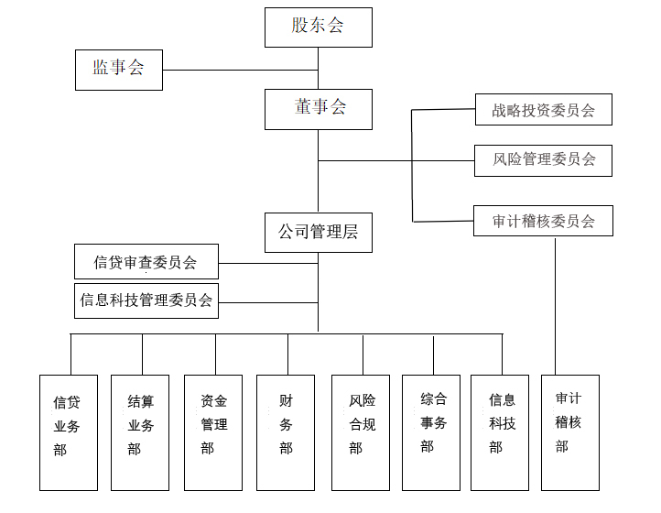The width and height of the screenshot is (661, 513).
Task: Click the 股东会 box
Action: [319, 27]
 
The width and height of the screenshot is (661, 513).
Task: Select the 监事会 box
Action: [119, 70]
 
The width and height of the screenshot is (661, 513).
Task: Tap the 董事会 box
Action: [319, 109]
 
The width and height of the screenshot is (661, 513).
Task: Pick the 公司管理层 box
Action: [319, 233]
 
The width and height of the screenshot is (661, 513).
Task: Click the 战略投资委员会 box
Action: [544, 109]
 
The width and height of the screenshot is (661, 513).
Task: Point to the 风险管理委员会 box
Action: [543, 160]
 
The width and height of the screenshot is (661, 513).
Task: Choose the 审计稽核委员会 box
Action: [543, 221]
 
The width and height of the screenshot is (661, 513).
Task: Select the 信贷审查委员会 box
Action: [146, 262]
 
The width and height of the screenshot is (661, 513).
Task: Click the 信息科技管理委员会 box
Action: [146, 300]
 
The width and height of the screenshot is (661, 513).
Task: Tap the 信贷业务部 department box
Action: [69, 432]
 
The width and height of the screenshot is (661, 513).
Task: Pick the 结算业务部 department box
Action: [140, 432]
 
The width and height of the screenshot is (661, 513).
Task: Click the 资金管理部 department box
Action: [213, 432]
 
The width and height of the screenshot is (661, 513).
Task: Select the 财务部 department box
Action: [286, 432]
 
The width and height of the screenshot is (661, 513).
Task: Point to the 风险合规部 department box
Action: [361, 432]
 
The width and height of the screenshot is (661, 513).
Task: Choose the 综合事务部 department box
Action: [431, 432]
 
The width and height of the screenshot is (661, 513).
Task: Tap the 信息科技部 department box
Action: [500, 432]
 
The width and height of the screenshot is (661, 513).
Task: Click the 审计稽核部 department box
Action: [570, 432]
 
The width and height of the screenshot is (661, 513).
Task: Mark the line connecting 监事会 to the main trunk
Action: [240, 70]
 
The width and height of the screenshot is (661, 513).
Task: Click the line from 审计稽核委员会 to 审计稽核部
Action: [555, 307]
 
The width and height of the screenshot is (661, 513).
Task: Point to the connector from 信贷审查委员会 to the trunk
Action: [268, 263]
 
